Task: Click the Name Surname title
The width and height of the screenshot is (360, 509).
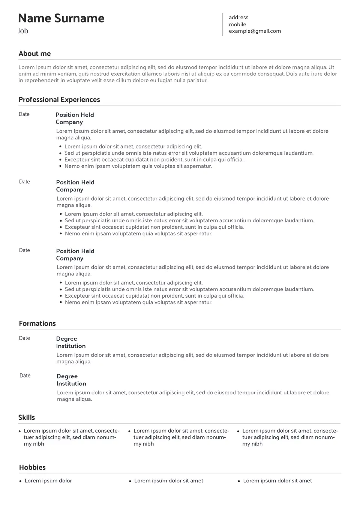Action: [61, 18]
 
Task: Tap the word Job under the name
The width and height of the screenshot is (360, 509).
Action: [23, 31]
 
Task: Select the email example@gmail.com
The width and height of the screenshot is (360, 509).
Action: [255, 31]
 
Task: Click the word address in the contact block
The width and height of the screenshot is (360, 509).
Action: [238, 17]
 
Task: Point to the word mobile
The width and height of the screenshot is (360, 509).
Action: [237, 24]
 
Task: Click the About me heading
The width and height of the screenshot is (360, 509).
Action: [34, 54]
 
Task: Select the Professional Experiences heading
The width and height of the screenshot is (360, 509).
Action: [59, 100]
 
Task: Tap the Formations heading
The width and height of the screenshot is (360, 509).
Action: [37, 323]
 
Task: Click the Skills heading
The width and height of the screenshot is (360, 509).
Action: [27, 418]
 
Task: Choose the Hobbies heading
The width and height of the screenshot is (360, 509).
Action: [32, 467]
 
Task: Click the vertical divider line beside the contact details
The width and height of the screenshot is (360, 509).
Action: [223, 24]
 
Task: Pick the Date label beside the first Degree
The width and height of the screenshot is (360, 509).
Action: [24, 338]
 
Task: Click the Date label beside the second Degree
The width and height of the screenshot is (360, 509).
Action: [25, 376]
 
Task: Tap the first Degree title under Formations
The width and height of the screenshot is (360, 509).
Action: [66, 339]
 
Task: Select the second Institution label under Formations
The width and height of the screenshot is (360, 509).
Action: [71, 384]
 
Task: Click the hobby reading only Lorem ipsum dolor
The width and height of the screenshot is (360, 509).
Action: [48, 481]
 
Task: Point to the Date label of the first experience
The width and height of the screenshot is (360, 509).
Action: [24, 114]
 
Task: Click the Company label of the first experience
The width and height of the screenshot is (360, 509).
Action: [69, 122]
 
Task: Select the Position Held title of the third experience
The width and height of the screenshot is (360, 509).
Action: [75, 251]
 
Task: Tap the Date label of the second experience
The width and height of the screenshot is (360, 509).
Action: [24, 182]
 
